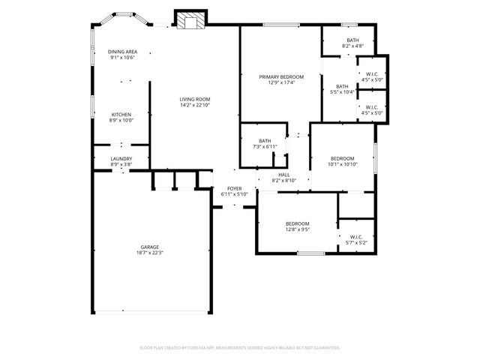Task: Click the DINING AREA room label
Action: (121, 51)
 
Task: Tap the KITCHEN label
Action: (121, 114)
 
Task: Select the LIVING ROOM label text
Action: (194, 99)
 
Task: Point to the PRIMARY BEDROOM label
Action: (281, 76)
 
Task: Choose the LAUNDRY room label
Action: (121, 158)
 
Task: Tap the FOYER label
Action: (234, 188)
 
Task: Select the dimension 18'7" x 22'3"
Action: (150, 253)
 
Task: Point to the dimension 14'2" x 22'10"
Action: (194, 105)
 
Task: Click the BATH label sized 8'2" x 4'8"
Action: (352, 40)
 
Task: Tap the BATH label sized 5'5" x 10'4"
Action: (342, 86)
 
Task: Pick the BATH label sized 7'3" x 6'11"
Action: (265, 140)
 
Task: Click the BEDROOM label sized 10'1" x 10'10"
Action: (343, 158)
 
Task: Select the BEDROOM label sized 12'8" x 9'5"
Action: (297, 223)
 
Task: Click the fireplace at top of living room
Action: (188, 20)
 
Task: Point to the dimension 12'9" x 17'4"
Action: (281, 82)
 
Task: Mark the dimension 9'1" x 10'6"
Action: (121, 57)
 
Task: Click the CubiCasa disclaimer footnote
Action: (240, 348)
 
